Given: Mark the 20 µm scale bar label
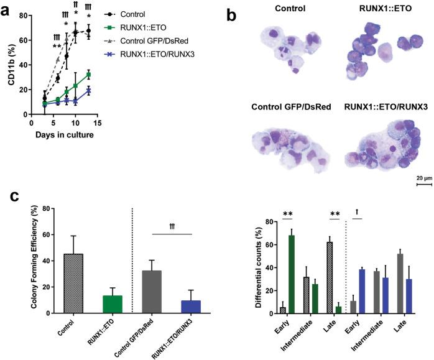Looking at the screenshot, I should pos(423,177).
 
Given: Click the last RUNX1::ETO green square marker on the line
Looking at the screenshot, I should pos(89,75).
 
